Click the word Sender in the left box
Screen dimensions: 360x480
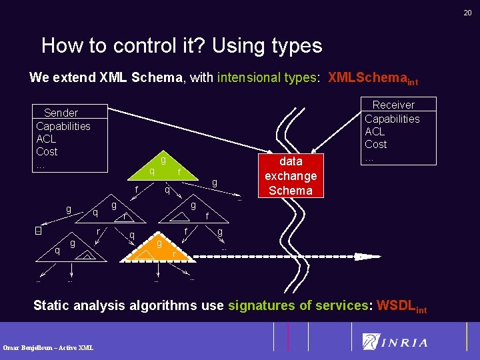[x=61, y=113]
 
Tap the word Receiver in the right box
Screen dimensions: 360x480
[x=393, y=105]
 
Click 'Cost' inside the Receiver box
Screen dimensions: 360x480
[x=375, y=144]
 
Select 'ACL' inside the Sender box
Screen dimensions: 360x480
[x=46, y=139]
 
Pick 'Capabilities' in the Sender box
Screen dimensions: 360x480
[x=63, y=126]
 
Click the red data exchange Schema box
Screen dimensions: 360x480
[x=291, y=175]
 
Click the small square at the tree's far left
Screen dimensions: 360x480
[x=38, y=231]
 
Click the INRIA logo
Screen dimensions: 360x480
[x=395, y=342]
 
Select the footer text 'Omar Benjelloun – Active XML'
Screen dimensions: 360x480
[x=48, y=347]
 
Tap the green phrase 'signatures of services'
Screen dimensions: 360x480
[x=299, y=305]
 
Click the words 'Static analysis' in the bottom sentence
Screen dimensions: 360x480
[x=79, y=305]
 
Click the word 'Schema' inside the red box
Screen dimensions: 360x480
[x=290, y=190]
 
